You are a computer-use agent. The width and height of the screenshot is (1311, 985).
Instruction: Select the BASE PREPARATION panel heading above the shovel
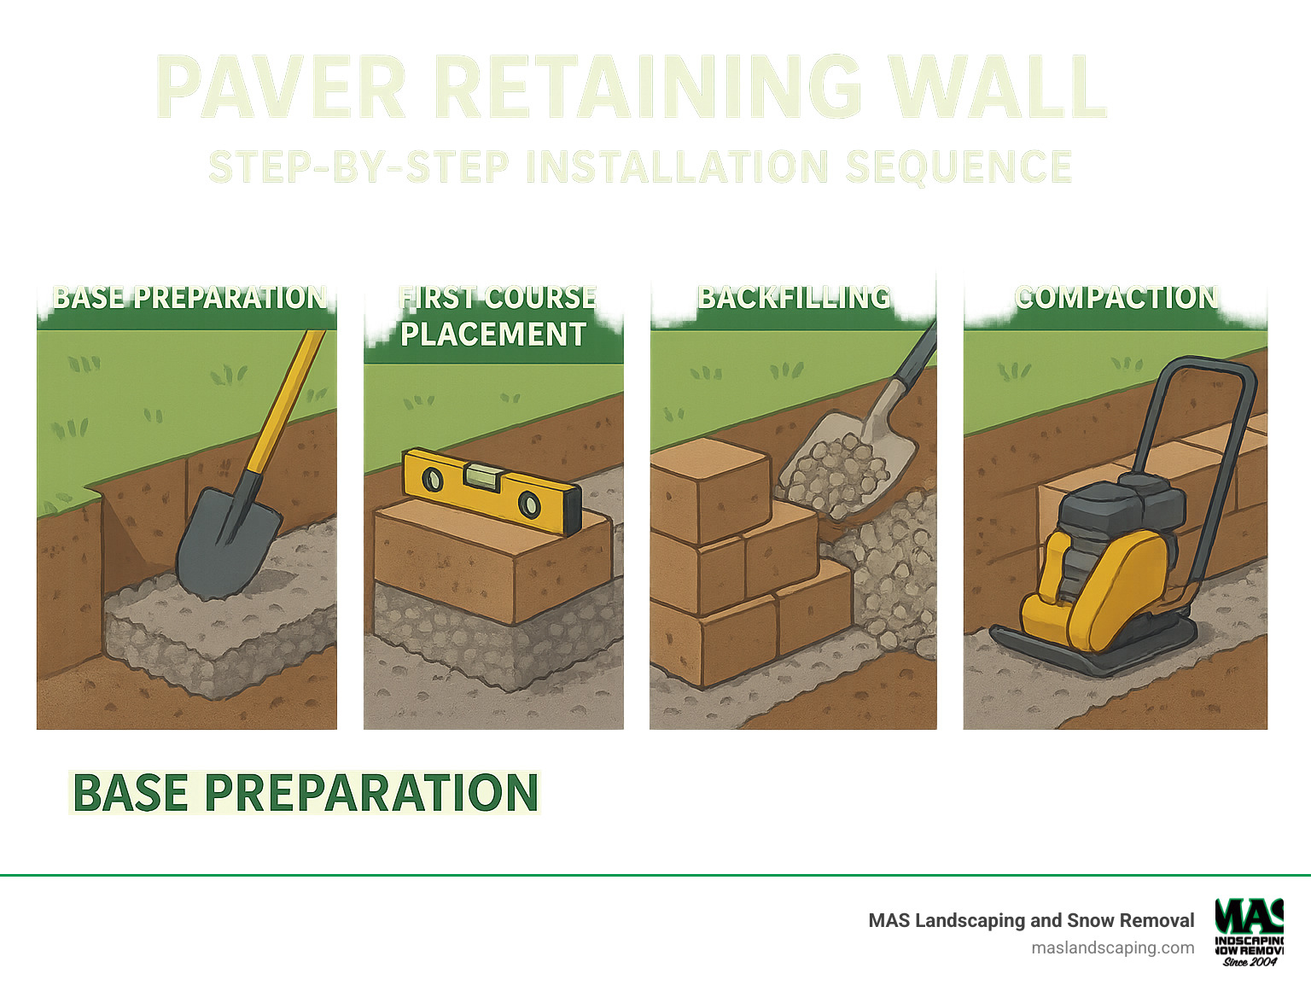pos(189,298)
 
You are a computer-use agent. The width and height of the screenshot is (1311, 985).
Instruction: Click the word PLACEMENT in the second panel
pos(493,335)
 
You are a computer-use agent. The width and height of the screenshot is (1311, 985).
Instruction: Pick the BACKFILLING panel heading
pos(794,298)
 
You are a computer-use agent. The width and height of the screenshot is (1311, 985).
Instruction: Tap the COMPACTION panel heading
pos(1116,298)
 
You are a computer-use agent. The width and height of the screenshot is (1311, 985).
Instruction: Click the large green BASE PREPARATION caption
pos(305,793)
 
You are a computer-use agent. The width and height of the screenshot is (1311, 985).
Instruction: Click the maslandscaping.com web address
pos(1112,947)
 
